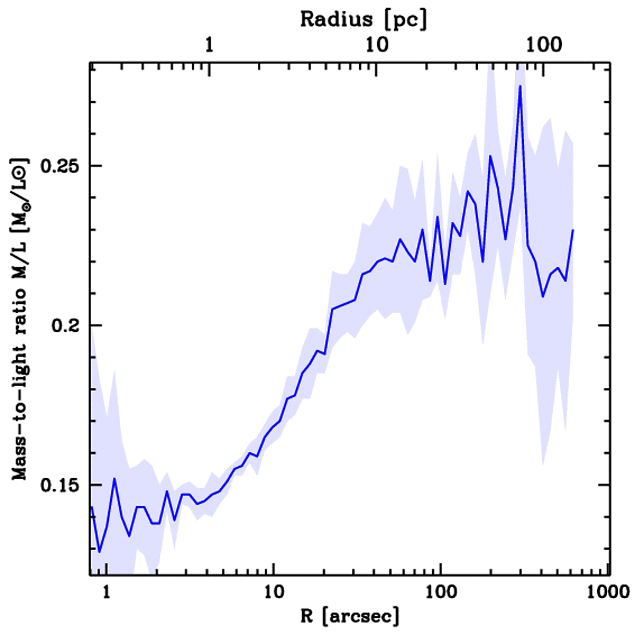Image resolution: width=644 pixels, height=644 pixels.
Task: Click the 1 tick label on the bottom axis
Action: coord(106,592)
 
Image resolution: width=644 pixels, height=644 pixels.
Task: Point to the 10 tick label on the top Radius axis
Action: coord(375,47)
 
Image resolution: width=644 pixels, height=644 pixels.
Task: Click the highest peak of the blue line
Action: coord(520,86)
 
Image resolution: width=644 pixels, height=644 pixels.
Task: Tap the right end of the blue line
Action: coord(573,230)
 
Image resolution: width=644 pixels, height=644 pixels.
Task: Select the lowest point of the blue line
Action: coord(99,552)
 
